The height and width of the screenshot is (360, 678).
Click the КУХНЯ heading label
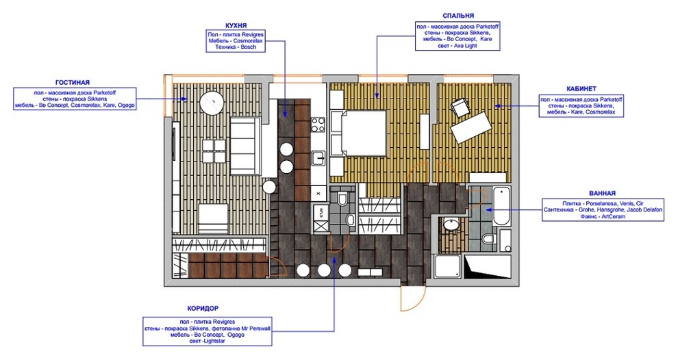pyautogui.click(x=236, y=25)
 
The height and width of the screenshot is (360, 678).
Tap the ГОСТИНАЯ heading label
pyautogui.click(x=73, y=81)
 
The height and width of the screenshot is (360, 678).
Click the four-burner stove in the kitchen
pyautogui.click(x=318, y=125)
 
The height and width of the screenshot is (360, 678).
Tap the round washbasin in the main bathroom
pyautogui.click(x=451, y=224)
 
